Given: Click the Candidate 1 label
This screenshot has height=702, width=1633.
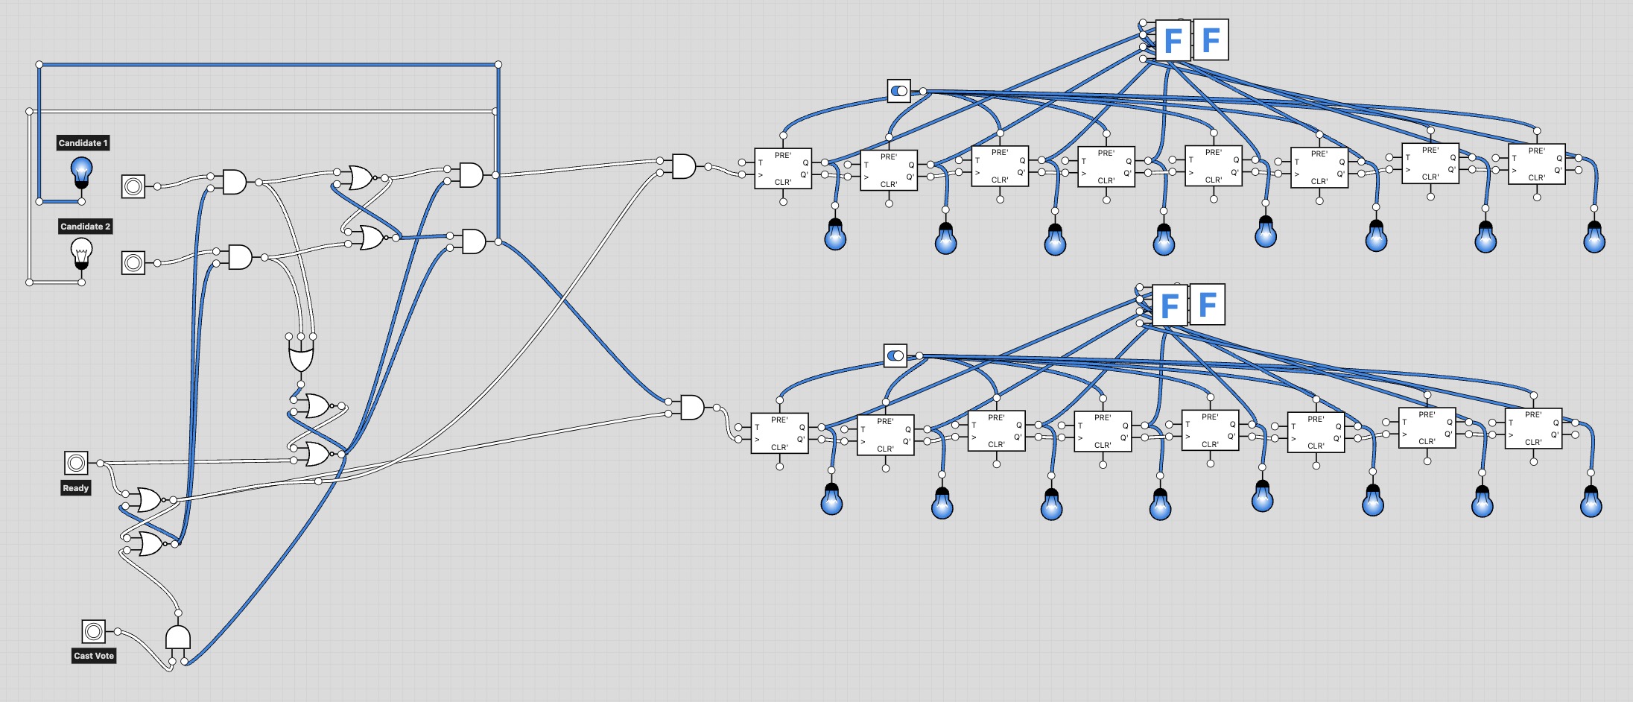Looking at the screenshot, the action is tap(83, 143).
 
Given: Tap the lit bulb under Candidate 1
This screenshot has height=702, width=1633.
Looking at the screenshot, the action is tap(82, 172).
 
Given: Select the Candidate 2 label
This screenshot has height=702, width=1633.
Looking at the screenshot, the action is tap(85, 227).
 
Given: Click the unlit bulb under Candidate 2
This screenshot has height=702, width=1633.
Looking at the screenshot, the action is tap(82, 253).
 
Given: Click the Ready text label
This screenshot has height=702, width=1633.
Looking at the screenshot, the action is tap(76, 488).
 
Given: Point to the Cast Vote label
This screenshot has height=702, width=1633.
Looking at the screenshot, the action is tap(94, 656).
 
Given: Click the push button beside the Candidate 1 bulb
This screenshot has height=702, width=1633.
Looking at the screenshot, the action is tap(133, 186).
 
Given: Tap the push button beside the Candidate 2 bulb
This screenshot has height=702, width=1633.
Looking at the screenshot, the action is tap(133, 262).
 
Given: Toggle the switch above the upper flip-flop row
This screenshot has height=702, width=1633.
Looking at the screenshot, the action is tap(899, 91).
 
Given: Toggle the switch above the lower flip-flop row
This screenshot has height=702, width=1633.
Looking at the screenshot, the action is tap(895, 355).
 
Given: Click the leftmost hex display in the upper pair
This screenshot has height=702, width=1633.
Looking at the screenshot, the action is tap(1173, 39).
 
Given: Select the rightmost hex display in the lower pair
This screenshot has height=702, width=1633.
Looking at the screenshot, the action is tap(1208, 304).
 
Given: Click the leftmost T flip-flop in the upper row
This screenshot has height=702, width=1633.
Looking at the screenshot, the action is tap(783, 168).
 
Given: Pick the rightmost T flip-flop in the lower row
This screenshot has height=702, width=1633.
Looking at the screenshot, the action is tap(1533, 429).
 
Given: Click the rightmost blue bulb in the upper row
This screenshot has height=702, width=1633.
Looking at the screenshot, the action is tap(1594, 238).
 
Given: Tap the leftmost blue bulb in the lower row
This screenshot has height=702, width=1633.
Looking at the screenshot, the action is tap(831, 499).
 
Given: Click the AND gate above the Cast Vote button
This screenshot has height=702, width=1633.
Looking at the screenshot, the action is tap(177, 637).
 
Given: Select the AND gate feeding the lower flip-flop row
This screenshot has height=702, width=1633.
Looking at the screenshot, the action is tap(692, 407).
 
